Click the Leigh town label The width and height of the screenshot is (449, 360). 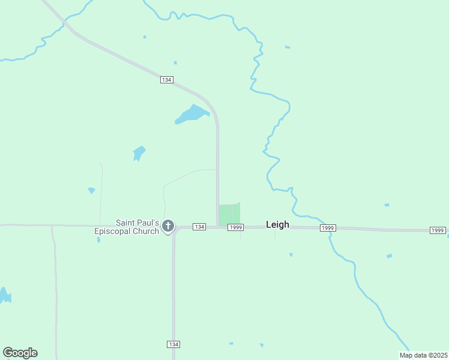(277, 224)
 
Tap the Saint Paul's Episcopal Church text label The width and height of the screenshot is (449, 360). (127, 226)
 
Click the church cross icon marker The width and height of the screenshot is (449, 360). (168, 226)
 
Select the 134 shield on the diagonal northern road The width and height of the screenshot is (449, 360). (167, 80)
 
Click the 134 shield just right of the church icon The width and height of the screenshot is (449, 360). (199, 226)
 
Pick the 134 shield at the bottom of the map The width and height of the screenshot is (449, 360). (173, 344)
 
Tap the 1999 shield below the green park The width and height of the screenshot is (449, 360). (235, 227)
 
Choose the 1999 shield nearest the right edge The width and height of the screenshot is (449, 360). (438, 230)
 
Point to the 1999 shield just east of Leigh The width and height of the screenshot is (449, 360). (327, 228)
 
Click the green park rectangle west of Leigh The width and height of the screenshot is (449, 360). (229, 214)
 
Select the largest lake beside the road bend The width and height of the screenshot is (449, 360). (192, 113)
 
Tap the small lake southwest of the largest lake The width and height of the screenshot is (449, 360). (139, 152)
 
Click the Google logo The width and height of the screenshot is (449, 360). (20, 353)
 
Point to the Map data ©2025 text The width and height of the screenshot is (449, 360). (423, 355)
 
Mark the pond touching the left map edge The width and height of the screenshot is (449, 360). (4, 296)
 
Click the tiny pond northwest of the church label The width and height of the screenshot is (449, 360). (91, 190)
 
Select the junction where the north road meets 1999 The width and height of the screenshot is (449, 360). (217, 226)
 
